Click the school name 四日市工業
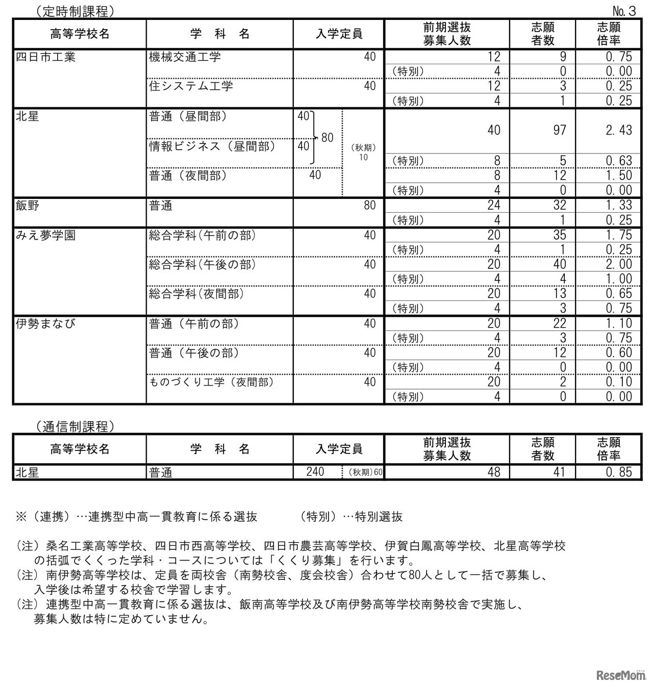(x=45, y=57)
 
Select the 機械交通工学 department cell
(x=185, y=57)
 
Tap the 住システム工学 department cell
(x=191, y=86)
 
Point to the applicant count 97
(x=560, y=131)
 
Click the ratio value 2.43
(x=619, y=131)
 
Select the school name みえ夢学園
(x=45, y=235)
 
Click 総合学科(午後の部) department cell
(x=203, y=264)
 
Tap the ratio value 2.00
(x=619, y=264)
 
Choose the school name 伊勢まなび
(x=45, y=323)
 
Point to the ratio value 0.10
(x=619, y=382)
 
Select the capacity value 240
(x=315, y=472)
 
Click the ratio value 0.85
(x=619, y=472)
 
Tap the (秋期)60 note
(x=365, y=472)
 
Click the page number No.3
(x=624, y=11)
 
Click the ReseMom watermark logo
(x=620, y=675)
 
